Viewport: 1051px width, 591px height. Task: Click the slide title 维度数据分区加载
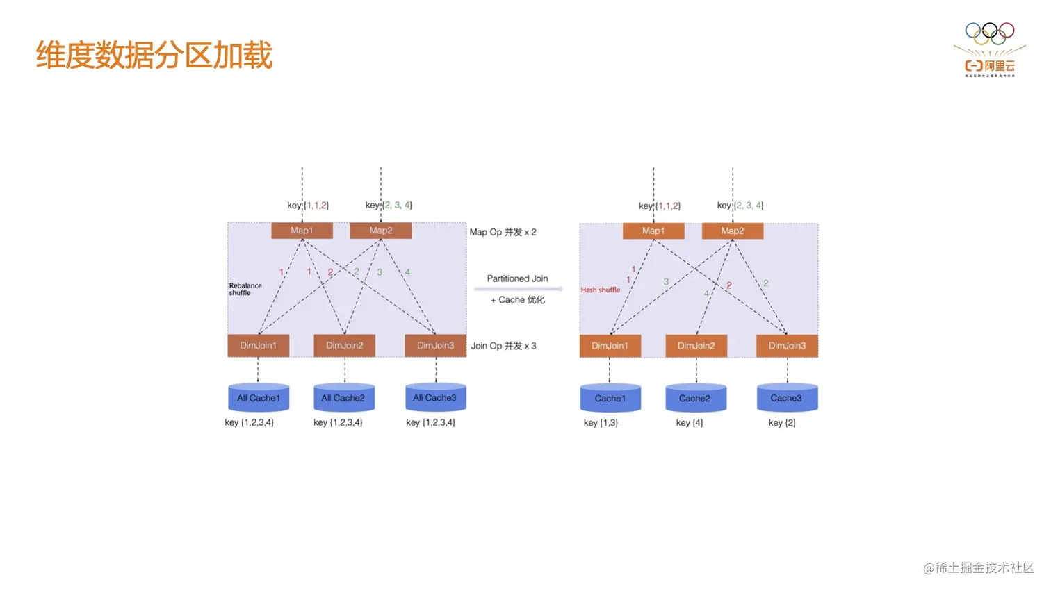click(x=154, y=55)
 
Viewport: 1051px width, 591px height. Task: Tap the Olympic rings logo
click(x=989, y=33)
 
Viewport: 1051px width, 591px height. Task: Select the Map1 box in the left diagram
click(x=302, y=231)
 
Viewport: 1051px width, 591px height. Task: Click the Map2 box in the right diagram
click(x=732, y=231)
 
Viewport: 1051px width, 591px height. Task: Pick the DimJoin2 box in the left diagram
click(x=344, y=345)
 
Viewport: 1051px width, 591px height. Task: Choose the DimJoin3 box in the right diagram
click(x=787, y=346)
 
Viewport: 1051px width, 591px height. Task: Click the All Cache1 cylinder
click(x=259, y=398)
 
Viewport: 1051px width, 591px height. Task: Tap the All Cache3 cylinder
click(x=435, y=398)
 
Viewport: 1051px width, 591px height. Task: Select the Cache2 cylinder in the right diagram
click(x=695, y=399)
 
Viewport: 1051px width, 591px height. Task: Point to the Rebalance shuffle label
click(x=245, y=289)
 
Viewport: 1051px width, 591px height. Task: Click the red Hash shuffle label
click(x=601, y=290)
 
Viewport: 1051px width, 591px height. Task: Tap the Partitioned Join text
click(x=517, y=278)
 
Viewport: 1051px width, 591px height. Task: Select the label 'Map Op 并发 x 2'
click(x=503, y=232)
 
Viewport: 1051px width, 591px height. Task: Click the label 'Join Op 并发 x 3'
click(x=503, y=346)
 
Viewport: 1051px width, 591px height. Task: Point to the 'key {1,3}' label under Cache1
click(x=601, y=422)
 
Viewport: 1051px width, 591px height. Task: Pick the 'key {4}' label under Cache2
click(x=690, y=422)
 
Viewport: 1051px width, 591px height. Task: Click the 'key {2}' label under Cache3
click(x=782, y=422)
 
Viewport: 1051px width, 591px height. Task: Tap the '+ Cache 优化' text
click(x=518, y=300)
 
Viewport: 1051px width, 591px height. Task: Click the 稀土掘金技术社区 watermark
click(x=979, y=567)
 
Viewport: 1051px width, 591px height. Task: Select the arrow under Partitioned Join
click(x=518, y=289)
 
